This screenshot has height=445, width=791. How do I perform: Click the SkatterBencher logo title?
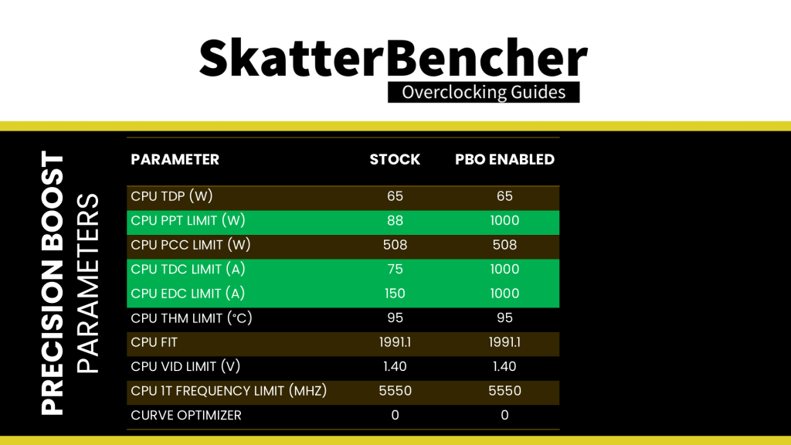[393, 58]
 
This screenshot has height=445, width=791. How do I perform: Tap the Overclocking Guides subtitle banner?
[484, 93]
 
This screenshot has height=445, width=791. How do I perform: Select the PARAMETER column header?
[175, 159]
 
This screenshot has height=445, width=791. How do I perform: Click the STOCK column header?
[395, 159]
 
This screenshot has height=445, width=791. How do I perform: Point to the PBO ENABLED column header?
[504, 159]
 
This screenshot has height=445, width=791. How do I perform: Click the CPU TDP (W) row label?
[171, 195]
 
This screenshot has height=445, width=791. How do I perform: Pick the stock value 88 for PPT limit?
[395, 220]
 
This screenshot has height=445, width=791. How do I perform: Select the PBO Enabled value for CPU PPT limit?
[504, 220]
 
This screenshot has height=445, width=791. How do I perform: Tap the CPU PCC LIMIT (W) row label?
[191, 245]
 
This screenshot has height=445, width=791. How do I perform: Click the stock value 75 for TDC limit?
[395, 269]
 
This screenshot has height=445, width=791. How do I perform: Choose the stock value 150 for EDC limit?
[395, 293]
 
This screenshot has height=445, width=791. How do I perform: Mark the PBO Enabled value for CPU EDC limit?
[504, 293]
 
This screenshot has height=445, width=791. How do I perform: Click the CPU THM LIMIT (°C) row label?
[192, 318]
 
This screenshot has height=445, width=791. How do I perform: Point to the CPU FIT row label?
[154, 342]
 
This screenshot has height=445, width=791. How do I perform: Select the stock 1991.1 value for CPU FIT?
[395, 342]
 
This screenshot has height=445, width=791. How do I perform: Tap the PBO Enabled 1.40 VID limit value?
[504, 366]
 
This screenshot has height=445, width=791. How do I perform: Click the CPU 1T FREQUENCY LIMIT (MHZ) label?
[229, 390]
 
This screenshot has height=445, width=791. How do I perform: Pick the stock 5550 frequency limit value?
[395, 390]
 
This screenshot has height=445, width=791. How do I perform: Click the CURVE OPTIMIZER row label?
[186, 415]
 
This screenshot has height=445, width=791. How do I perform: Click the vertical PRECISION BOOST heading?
[53, 283]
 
